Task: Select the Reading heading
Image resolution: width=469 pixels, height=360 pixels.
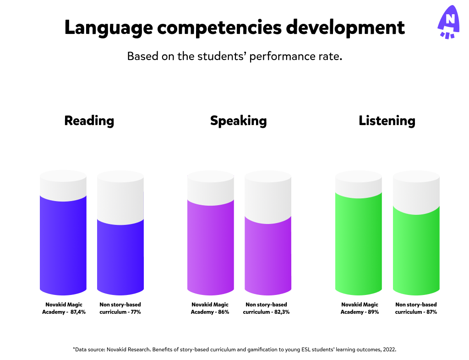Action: click(x=89, y=121)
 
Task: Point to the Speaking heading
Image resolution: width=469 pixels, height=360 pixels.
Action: click(x=238, y=121)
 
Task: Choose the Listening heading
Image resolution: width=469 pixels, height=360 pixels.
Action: click(x=387, y=121)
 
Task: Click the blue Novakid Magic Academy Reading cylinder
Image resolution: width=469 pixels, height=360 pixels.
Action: click(x=63, y=243)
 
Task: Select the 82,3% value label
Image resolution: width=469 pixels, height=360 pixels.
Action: click(x=282, y=312)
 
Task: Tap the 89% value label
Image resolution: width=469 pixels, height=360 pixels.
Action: click(x=372, y=312)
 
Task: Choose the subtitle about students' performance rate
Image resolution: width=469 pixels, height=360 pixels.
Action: click(x=234, y=57)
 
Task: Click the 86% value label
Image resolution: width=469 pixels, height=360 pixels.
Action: click(x=223, y=312)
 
